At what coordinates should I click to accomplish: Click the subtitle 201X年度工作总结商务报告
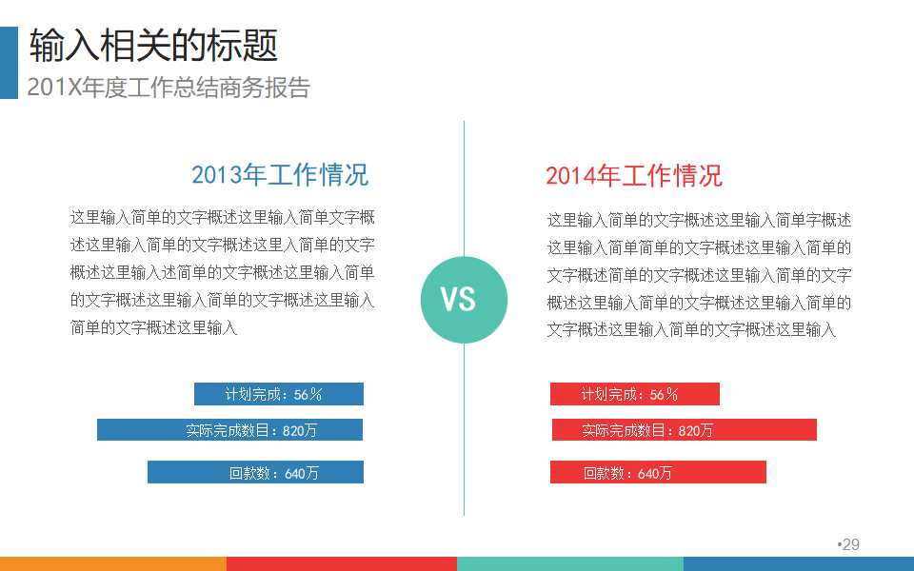click(x=169, y=88)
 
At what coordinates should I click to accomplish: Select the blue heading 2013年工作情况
click(x=280, y=175)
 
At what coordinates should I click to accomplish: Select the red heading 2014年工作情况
click(x=634, y=175)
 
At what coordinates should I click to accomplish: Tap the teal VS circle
click(x=464, y=300)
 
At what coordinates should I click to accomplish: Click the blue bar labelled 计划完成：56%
click(x=279, y=394)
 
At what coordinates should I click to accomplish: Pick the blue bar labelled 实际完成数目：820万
click(x=229, y=430)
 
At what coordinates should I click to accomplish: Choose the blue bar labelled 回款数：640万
click(x=255, y=472)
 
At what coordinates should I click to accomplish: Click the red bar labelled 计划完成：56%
click(x=634, y=394)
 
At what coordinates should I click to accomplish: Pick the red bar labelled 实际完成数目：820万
click(x=684, y=430)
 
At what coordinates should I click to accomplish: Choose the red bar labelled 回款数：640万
click(x=658, y=472)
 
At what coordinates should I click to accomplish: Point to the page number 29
click(x=850, y=544)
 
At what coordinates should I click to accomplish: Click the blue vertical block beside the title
click(x=9, y=63)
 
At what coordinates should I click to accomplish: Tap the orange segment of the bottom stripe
click(x=113, y=563)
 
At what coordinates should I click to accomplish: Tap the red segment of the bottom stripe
click(x=342, y=563)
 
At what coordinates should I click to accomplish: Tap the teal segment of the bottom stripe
click(x=570, y=563)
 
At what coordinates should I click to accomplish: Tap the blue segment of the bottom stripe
click(x=799, y=563)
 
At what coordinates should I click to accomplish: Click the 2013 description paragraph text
click(x=222, y=272)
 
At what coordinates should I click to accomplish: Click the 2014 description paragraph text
click(x=699, y=275)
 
